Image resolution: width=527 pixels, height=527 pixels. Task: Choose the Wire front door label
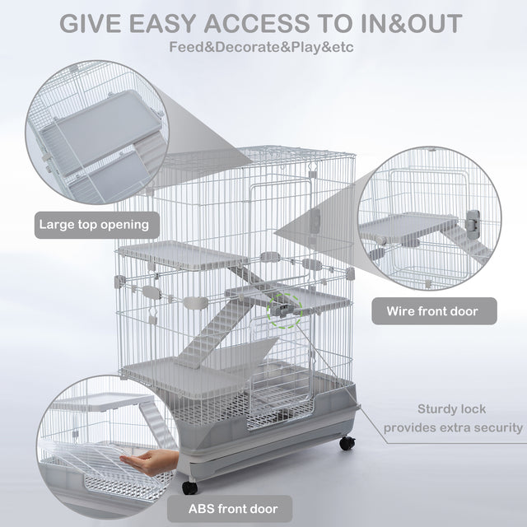[x=443, y=311]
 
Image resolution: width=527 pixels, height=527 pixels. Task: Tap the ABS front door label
[x=231, y=508]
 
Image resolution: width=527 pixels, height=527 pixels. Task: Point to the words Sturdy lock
[x=451, y=408]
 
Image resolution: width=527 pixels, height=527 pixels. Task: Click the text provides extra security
[x=452, y=427]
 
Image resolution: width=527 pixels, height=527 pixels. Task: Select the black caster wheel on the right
[x=347, y=441]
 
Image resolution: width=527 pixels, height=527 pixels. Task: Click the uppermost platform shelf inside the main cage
[x=175, y=254]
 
